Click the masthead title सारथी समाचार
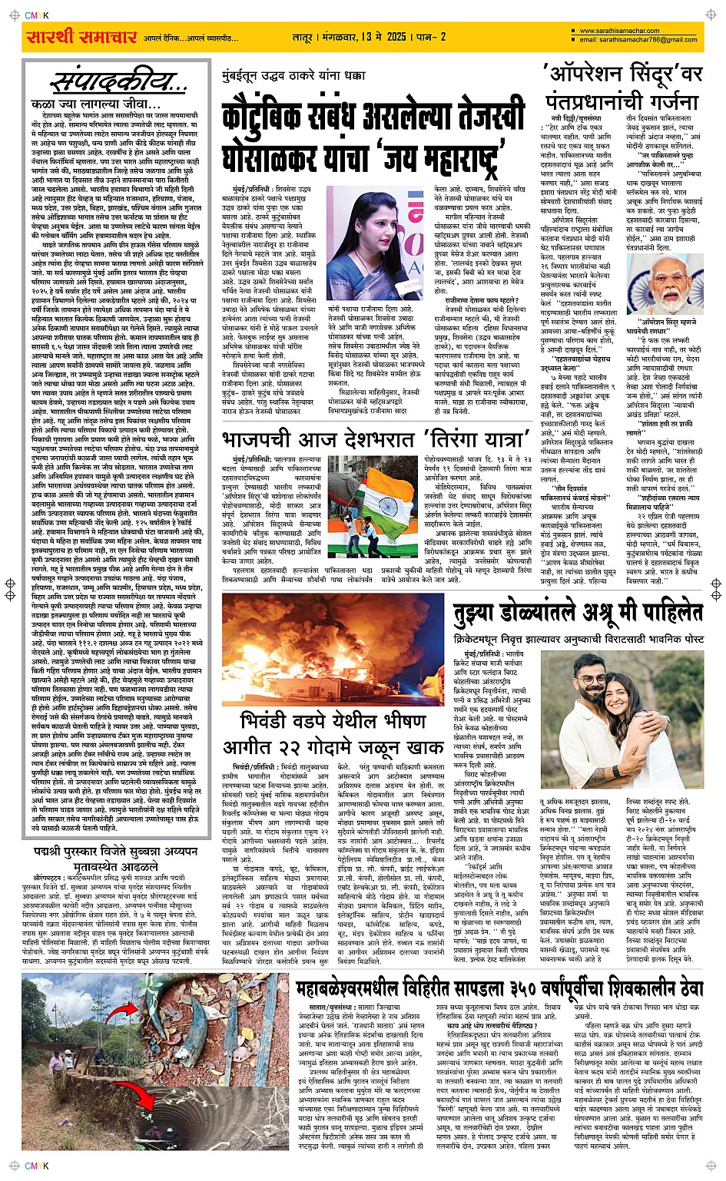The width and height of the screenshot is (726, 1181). click(81, 37)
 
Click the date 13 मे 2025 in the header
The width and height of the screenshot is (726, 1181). click(376, 37)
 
